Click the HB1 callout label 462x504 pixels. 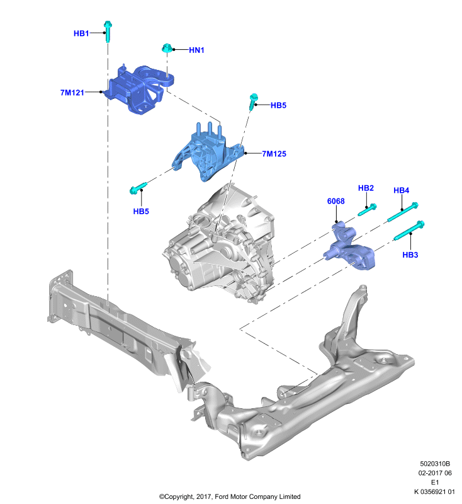coord(81,33)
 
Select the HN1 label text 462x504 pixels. coord(196,50)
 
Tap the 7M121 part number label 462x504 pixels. coord(72,93)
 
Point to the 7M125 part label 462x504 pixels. coord(274,154)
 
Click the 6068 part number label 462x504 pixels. coord(336,201)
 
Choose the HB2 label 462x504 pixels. coord(366,188)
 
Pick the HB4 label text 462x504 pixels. coord(402,190)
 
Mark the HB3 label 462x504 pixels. coord(410,255)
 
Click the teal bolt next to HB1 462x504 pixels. coord(108,31)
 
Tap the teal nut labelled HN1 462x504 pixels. coord(166,49)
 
